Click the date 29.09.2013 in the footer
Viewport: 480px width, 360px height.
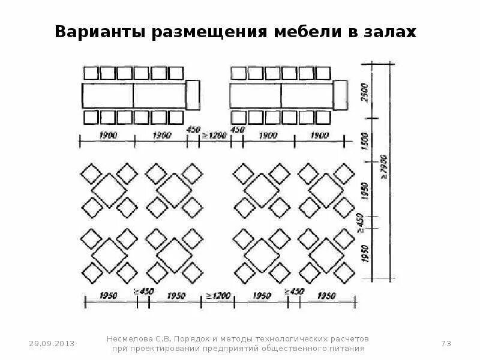tap(53, 343)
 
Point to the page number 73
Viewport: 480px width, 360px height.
tap(445, 343)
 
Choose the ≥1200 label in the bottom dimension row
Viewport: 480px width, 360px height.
tap(219, 295)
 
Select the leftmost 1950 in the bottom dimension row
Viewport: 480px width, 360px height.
tap(110, 295)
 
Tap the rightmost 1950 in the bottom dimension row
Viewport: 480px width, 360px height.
tap(326, 295)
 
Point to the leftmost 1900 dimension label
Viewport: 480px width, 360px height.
tap(108, 136)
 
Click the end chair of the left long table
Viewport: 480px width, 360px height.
tap(193, 95)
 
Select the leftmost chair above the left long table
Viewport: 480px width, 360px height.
tap(91, 73)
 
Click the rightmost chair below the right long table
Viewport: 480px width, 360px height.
tap(325, 116)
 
